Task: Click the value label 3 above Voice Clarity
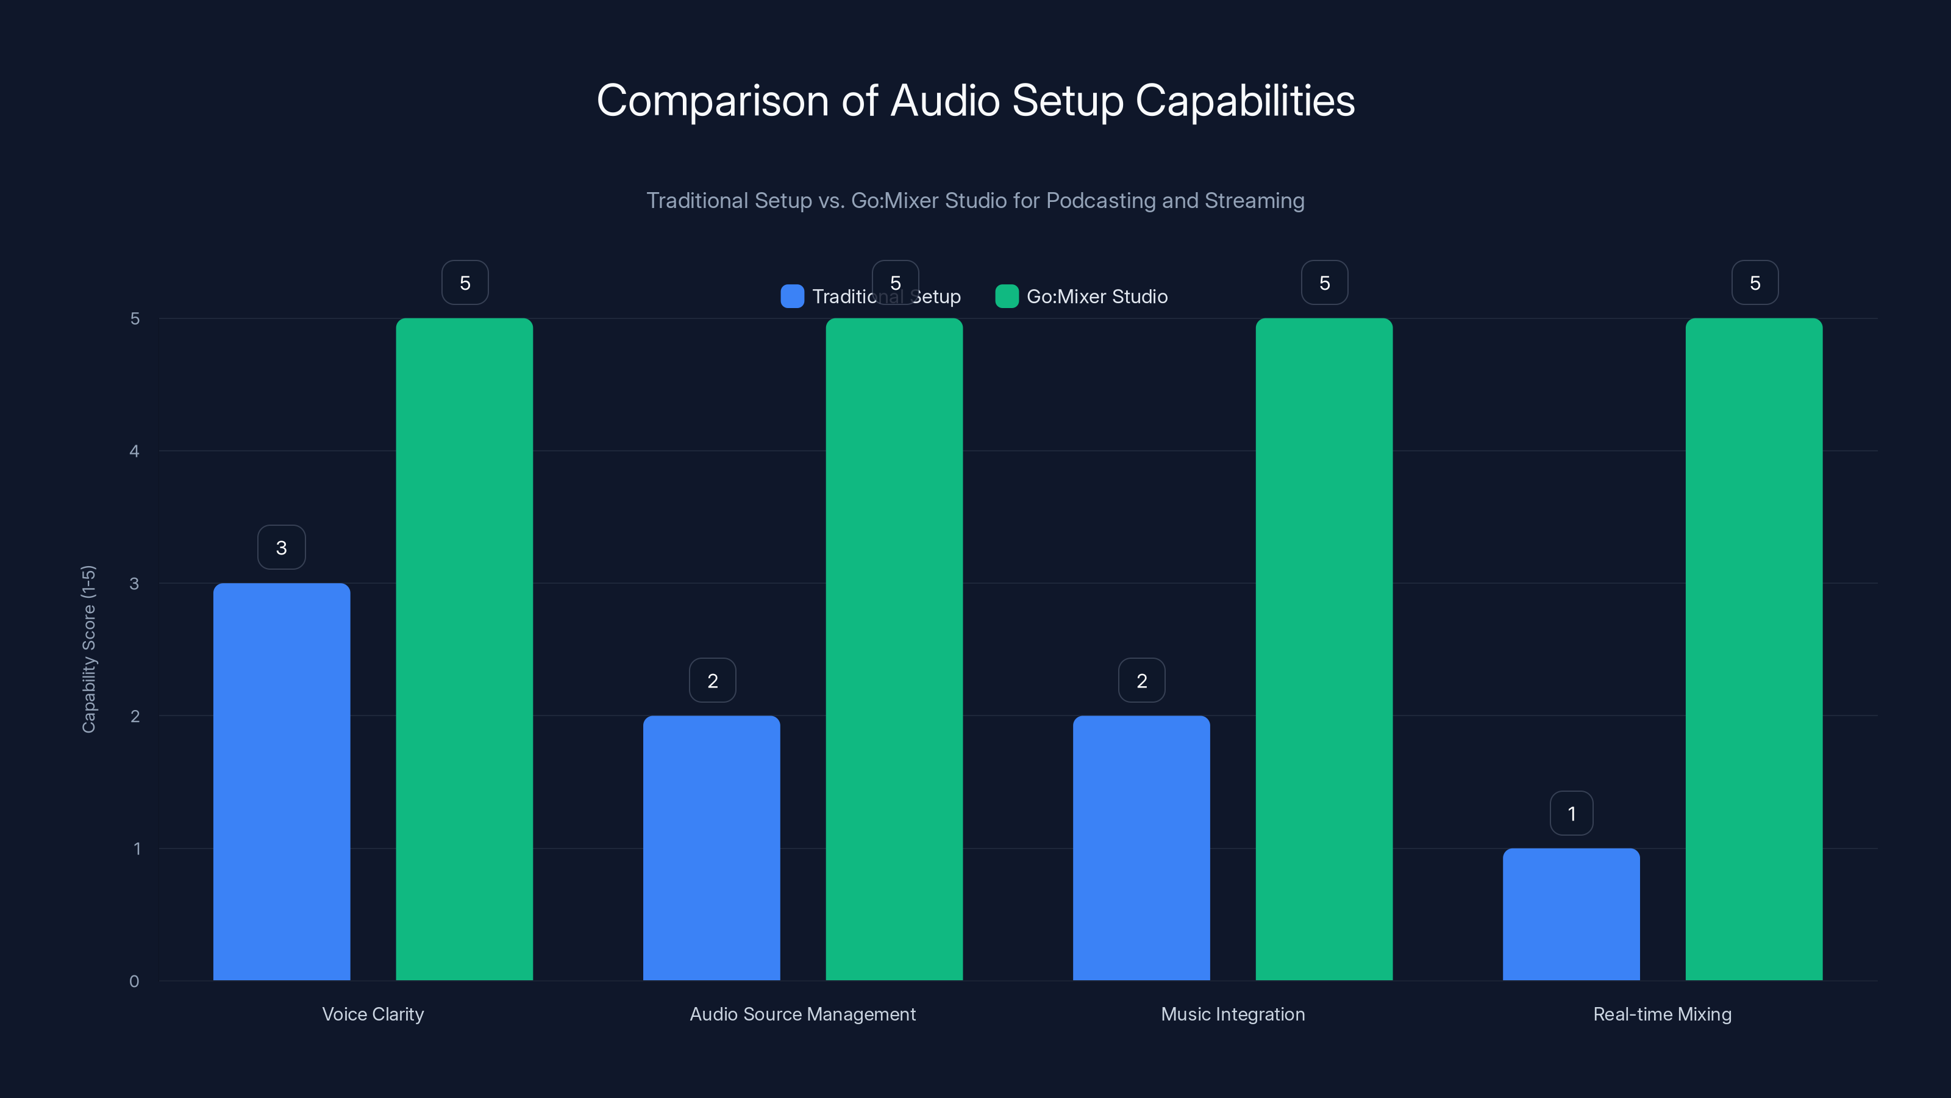coord(282,547)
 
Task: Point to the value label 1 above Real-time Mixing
coord(1572,813)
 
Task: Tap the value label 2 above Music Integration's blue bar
coord(1141,681)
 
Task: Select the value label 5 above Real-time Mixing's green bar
coord(1755,282)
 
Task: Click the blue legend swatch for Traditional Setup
coord(792,296)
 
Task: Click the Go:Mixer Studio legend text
coord(1097,296)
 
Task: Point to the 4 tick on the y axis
coord(135,451)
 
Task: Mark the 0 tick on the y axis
coord(135,981)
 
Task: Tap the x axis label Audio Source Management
coord(802,1014)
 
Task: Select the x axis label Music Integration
coord(1232,1014)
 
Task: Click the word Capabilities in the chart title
coord(1245,101)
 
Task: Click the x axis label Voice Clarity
coord(373,1014)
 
